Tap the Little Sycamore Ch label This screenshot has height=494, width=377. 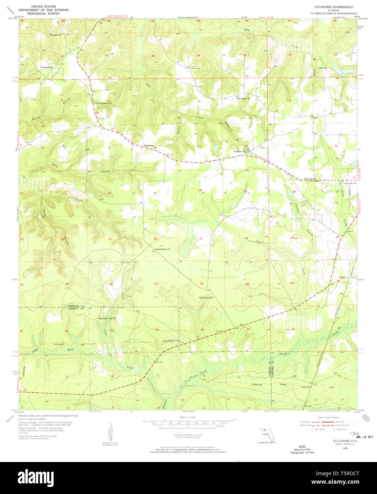pos(103,103)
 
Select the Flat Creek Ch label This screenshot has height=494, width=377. pos(244,98)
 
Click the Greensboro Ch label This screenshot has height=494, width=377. pos(164,249)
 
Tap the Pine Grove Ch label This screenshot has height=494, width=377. pos(205,297)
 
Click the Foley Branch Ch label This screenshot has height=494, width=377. pos(170,341)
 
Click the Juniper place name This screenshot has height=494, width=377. pos(343,277)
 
